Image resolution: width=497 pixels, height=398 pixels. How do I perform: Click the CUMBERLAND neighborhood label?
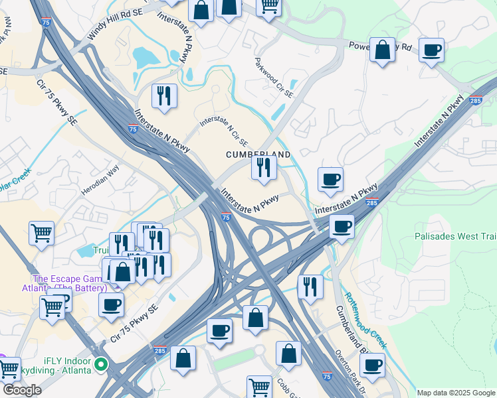258,154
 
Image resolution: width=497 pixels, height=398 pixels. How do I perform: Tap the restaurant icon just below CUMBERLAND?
264,168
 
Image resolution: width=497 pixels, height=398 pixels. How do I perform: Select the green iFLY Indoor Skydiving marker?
100,364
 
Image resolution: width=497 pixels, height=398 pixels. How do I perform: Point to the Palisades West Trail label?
455,236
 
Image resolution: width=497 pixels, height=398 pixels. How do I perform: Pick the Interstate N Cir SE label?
224,131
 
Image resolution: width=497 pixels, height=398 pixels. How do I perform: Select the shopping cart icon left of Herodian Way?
41,234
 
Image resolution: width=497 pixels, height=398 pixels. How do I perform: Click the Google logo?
22,390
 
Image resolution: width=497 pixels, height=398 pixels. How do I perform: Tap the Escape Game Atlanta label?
69,283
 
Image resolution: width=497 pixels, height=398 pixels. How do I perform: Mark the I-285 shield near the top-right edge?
474,101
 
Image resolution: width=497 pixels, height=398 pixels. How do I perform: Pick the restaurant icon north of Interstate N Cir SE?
163,96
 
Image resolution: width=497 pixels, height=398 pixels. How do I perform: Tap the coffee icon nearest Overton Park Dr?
371,365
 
